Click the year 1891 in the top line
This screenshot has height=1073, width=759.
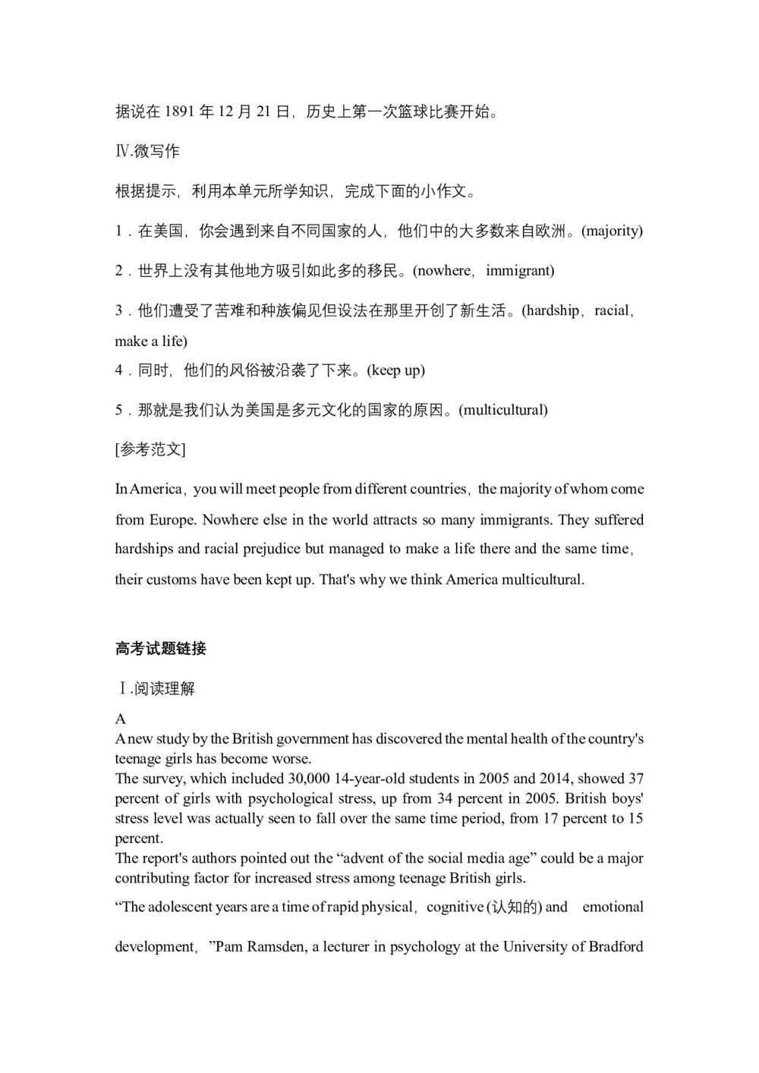coord(179,112)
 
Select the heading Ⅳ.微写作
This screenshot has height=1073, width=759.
coord(147,152)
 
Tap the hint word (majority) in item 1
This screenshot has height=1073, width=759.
coord(612,231)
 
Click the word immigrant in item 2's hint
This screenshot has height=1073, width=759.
coord(520,271)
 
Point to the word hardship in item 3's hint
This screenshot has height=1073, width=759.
coord(552,310)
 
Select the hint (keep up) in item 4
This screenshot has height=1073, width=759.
coord(395,370)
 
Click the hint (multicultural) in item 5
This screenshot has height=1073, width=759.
coord(503,411)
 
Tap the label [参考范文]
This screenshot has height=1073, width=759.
coord(150,449)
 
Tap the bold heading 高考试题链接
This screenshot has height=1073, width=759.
coord(161,649)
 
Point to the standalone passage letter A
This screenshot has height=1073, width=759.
coord(121,719)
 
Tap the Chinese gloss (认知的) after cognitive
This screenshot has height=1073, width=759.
coord(514,908)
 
